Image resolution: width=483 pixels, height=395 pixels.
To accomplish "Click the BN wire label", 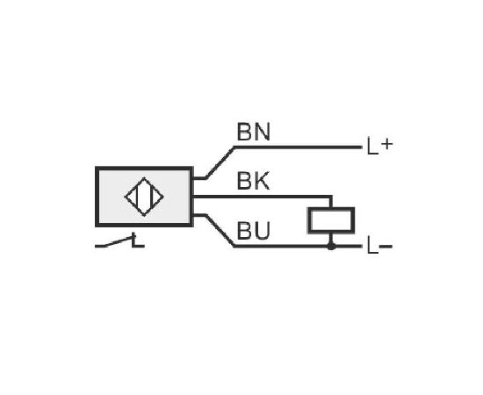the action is click(x=254, y=132).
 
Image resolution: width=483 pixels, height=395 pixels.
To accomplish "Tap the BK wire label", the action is click(x=253, y=181).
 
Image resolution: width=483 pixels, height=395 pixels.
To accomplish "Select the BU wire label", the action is click(x=254, y=231).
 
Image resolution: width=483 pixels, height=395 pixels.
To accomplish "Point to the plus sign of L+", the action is click(x=387, y=144).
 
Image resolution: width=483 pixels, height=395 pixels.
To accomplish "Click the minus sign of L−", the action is click(x=386, y=247).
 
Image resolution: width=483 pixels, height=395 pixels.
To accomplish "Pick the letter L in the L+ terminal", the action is click(x=372, y=146).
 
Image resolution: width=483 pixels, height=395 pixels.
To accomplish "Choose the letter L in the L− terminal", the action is click(x=372, y=246).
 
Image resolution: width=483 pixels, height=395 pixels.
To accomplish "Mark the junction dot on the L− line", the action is click(x=331, y=247).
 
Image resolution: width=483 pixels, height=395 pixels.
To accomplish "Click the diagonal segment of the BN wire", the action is click(x=220, y=162).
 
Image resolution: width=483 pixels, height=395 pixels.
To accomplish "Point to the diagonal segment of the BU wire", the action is click(x=220, y=231).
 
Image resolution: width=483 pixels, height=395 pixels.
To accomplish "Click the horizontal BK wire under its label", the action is click(x=262, y=197).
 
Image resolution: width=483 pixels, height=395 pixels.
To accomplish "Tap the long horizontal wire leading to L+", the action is click(x=299, y=147).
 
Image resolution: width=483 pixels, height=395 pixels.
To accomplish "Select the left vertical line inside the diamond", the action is click(x=136, y=197).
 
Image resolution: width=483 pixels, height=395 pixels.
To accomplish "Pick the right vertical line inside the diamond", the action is click(x=152, y=197).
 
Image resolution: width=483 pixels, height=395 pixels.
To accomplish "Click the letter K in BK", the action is click(x=263, y=181).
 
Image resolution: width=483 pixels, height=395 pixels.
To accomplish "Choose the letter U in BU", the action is click(x=263, y=231).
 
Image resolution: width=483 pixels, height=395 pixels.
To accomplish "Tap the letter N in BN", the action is click(x=263, y=132).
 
